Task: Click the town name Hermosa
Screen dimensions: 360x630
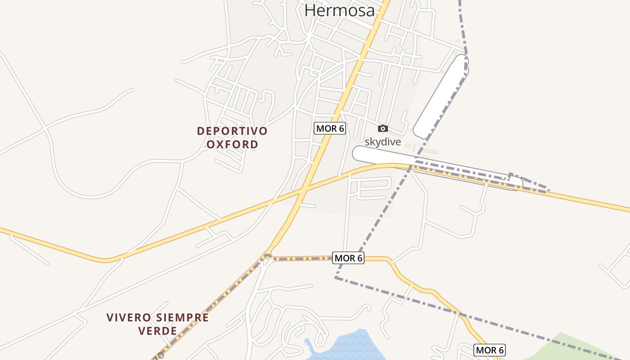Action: coord(339,10)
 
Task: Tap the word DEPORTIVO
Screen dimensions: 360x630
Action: coord(232,131)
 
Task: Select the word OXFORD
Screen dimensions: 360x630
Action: coord(232,144)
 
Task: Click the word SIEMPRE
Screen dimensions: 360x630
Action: coord(182,318)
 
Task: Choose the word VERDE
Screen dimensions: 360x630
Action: coord(157,331)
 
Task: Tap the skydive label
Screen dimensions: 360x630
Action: coord(382,142)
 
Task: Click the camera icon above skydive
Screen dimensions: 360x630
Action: coord(382,129)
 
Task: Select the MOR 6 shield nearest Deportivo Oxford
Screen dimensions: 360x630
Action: coord(330,129)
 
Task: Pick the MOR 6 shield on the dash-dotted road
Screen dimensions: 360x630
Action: coord(348,258)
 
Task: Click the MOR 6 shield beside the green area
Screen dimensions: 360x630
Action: coord(490,350)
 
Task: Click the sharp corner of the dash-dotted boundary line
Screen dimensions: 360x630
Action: coord(336,278)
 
